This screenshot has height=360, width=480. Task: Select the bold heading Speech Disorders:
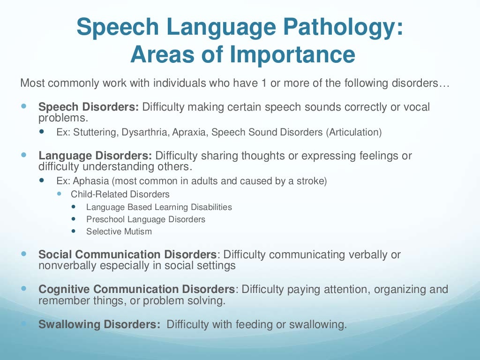pyautogui.click(x=89, y=107)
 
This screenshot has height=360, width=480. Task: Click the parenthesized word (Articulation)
pyautogui.click(x=354, y=132)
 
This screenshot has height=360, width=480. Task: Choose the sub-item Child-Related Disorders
pyautogui.click(x=120, y=194)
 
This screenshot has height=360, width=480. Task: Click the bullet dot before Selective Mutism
pyautogui.click(x=74, y=231)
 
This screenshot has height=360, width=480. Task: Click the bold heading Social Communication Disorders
pyautogui.click(x=128, y=255)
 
